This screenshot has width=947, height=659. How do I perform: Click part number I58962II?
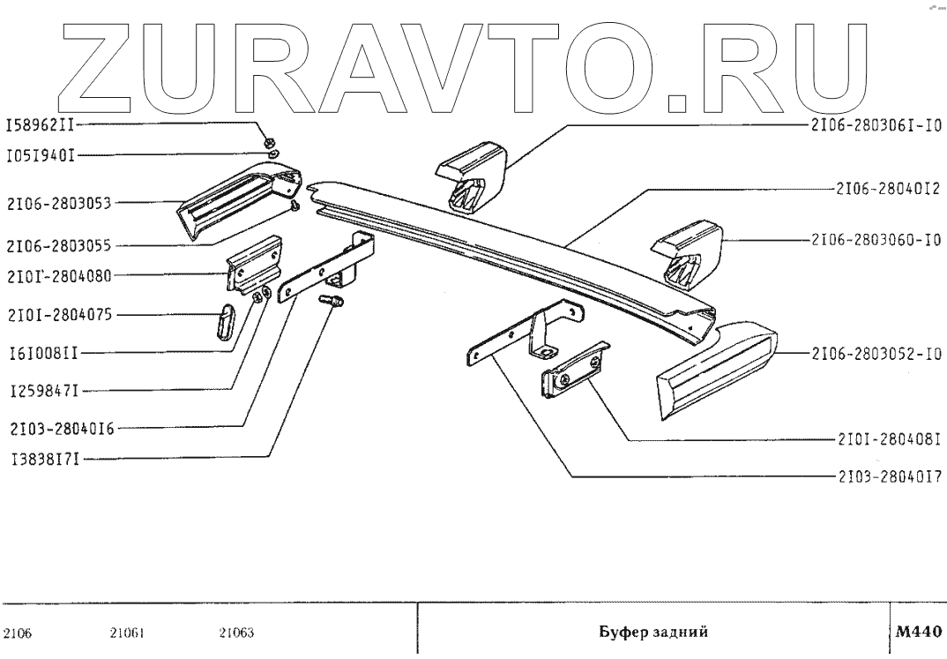point(42,125)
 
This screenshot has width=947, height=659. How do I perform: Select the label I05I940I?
point(42,155)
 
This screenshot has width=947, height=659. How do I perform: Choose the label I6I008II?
point(42,353)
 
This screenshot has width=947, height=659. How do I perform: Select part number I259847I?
point(42,389)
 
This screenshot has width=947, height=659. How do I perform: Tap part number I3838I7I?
point(42,459)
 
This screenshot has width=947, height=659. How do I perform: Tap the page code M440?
point(918,632)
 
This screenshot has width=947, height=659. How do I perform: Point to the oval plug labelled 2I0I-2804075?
point(224,319)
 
